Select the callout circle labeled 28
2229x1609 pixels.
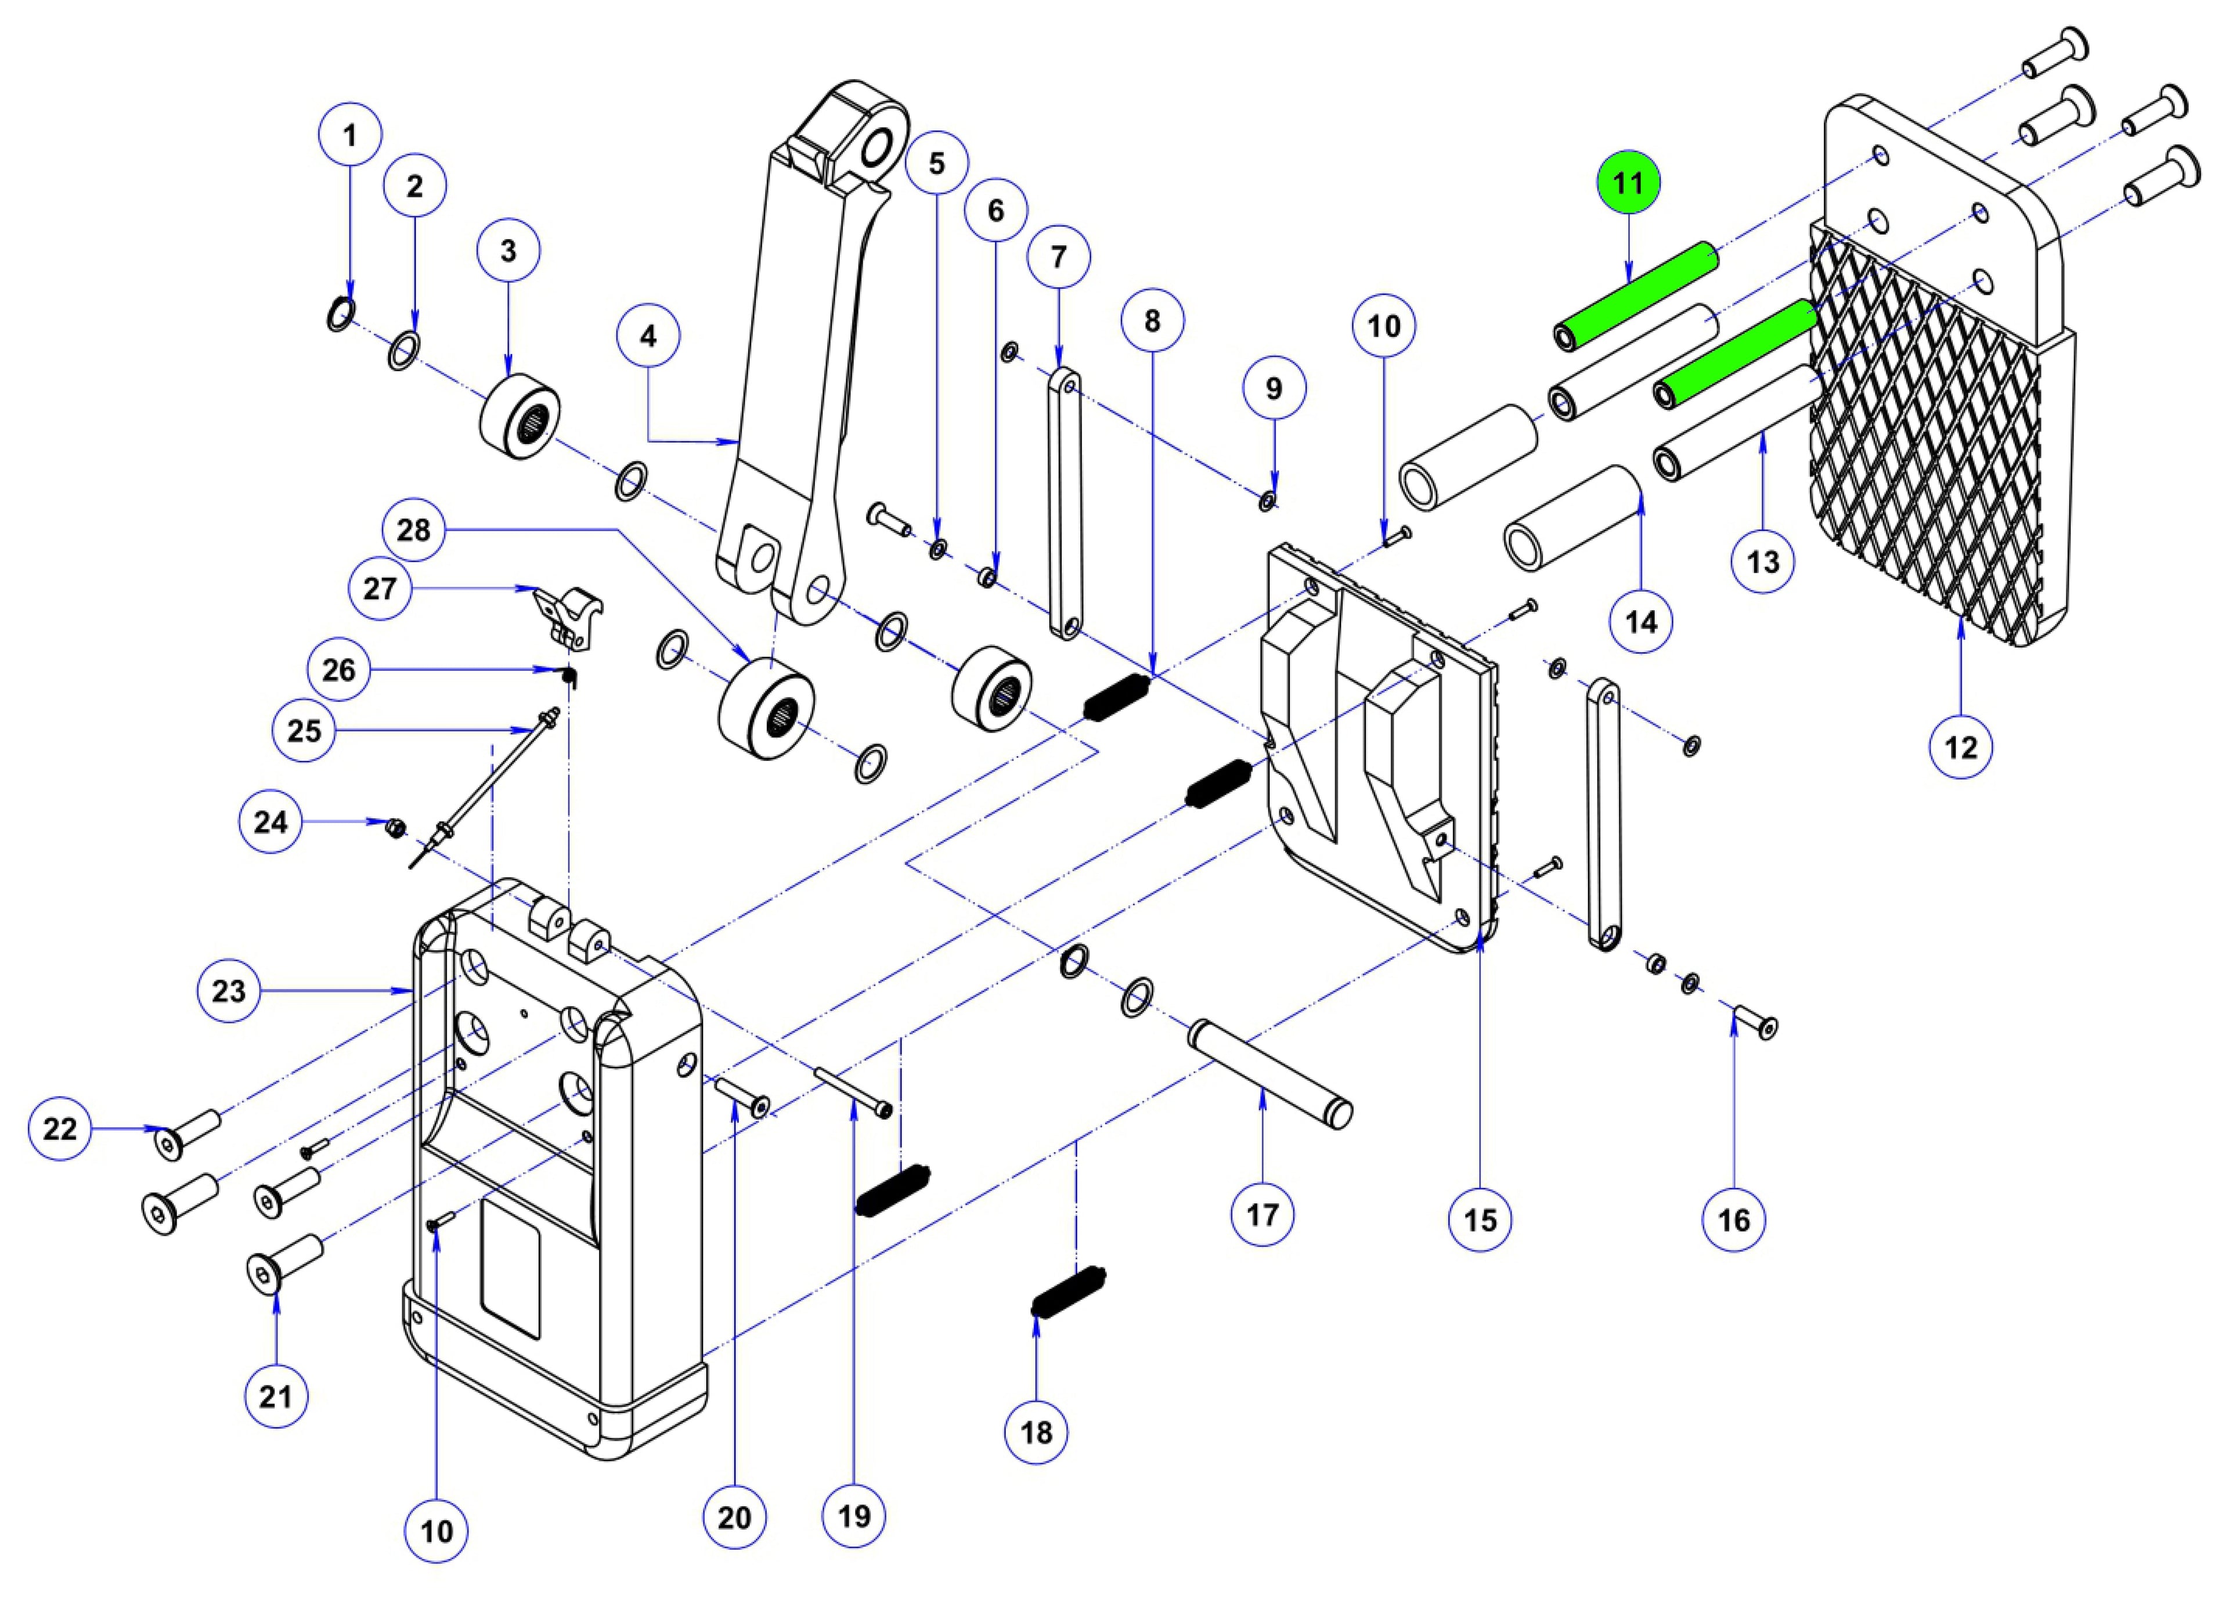point(414,531)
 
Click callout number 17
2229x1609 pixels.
point(1263,1215)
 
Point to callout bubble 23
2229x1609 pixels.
point(228,991)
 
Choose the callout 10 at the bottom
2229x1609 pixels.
point(437,1531)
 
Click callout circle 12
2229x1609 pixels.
point(1961,748)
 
